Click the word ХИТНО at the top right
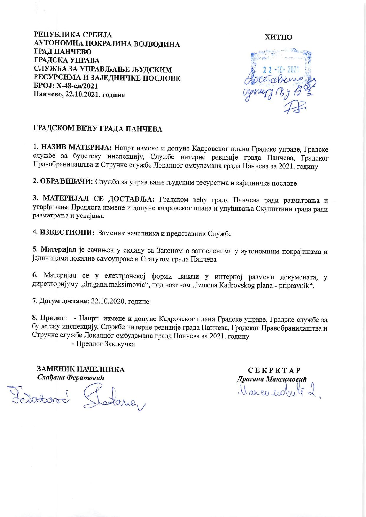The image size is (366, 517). [279, 37]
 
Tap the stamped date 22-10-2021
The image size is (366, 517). [280, 70]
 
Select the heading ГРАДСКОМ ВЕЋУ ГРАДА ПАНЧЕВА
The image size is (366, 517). [97, 129]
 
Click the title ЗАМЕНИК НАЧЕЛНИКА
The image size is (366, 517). [81, 369]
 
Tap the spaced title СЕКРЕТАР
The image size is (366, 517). [274, 371]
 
